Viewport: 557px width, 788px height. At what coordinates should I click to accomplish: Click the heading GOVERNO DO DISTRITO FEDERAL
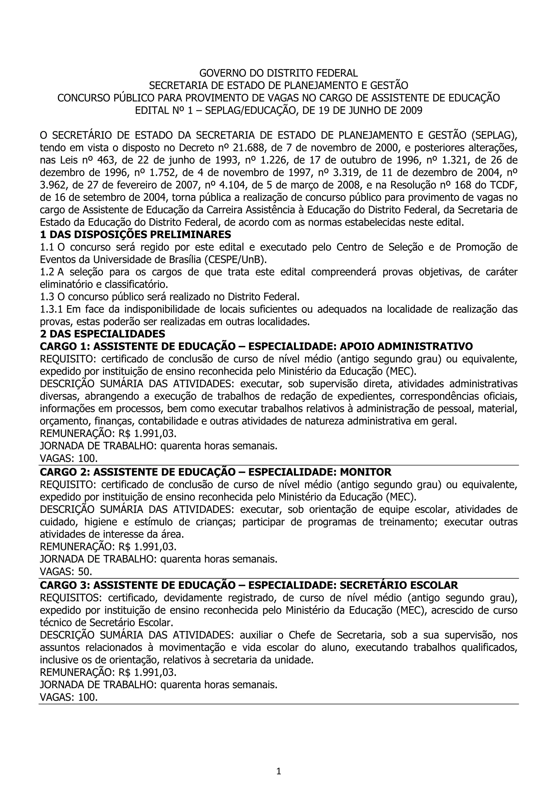tap(278, 73)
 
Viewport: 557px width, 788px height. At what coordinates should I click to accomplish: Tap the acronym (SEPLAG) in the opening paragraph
tap(494, 136)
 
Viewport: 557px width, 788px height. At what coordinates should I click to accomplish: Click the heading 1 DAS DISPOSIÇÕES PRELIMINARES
tap(135, 235)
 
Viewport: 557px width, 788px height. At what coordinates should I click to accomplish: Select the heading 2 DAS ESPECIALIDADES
tap(103, 334)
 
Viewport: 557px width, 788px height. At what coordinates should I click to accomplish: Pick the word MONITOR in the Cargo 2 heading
tap(366, 472)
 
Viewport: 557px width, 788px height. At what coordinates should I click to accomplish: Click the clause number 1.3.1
tap(51, 309)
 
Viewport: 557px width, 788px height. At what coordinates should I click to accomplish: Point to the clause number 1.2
tap(47, 272)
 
